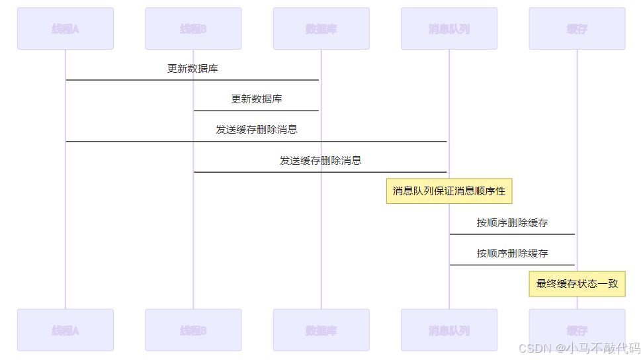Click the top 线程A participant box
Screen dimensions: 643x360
[x=65, y=28]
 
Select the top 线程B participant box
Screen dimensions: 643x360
[x=193, y=28]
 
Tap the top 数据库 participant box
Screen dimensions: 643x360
[x=321, y=28]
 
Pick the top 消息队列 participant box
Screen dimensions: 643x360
[x=449, y=28]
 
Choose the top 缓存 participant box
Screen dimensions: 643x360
[x=577, y=28]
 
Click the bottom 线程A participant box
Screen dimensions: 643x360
[x=65, y=330]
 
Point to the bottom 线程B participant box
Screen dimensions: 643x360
[x=193, y=330]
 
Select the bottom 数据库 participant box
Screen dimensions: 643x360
[x=321, y=330]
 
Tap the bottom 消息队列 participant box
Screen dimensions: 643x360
[x=449, y=330]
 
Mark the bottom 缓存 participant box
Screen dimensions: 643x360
[x=577, y=330]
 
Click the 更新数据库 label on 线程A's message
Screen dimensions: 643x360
[x=193, y=68]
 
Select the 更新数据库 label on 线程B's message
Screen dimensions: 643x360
[x=257, y=99]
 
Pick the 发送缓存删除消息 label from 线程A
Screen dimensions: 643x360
[x=257, y=130]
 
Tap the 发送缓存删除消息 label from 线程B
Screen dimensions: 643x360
[x=321, y=161]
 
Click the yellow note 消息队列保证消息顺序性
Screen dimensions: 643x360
[x=449, y=191]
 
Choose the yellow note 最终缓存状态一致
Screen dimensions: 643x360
[x=577, y=283]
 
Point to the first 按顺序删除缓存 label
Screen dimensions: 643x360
[x=513, y=223]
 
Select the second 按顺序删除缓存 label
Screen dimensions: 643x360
[x=513, y=253]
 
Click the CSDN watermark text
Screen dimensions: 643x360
[x=579, y=348]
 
